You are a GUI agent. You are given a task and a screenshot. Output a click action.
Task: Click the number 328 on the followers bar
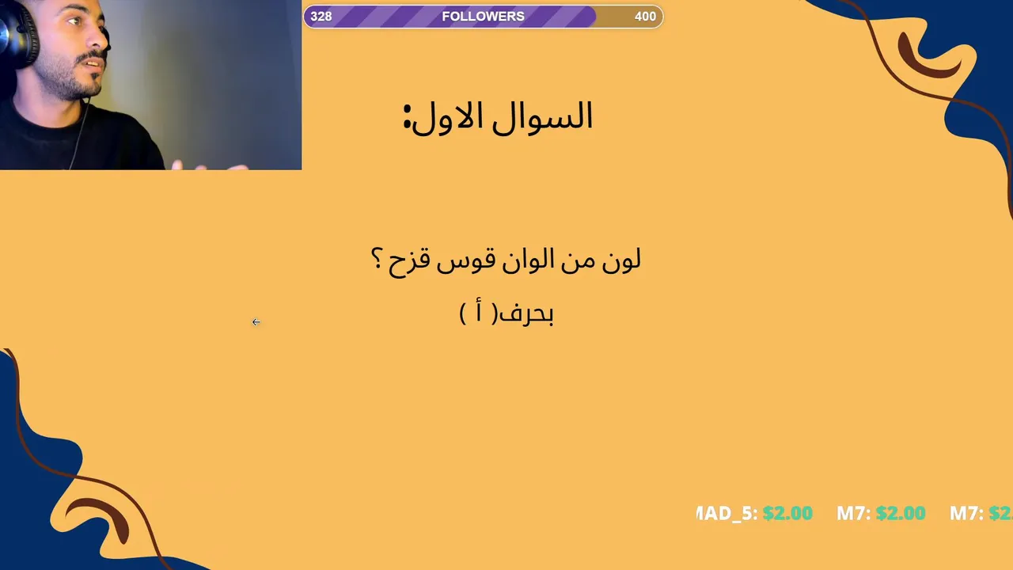321,17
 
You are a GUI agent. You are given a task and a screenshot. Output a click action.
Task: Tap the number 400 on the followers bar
645,17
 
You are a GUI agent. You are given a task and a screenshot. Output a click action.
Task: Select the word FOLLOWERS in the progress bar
483,17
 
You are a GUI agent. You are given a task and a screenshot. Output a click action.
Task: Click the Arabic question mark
376,259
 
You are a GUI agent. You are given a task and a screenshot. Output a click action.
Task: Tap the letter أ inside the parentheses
479,311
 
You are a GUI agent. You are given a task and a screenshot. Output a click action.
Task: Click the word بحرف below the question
525,313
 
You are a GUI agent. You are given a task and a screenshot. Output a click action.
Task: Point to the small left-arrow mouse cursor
256,322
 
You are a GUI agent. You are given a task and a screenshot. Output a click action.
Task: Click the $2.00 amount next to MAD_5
787,514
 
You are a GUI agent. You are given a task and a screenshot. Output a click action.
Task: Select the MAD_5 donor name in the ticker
724,514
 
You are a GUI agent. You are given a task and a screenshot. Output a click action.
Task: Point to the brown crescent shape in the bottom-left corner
102,515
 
